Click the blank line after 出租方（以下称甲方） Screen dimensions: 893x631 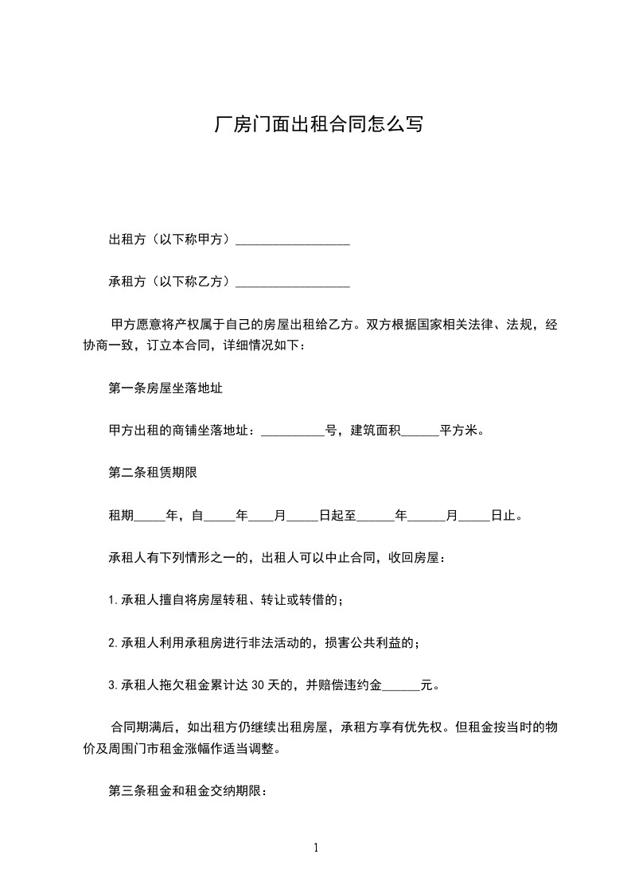pyautogui.click(x=293, y=240)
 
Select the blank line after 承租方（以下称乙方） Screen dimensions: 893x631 pyautogui.click(x=293, y=282)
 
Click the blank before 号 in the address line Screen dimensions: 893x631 pyautogui.click(x=293, y=432)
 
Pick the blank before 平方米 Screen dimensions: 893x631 pyautogui.click(x=419, y=432)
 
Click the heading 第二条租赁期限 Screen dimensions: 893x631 pyautogui.click(x=152, y=473)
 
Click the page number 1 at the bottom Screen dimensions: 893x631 pyautogui.click(x=316, y=848)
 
